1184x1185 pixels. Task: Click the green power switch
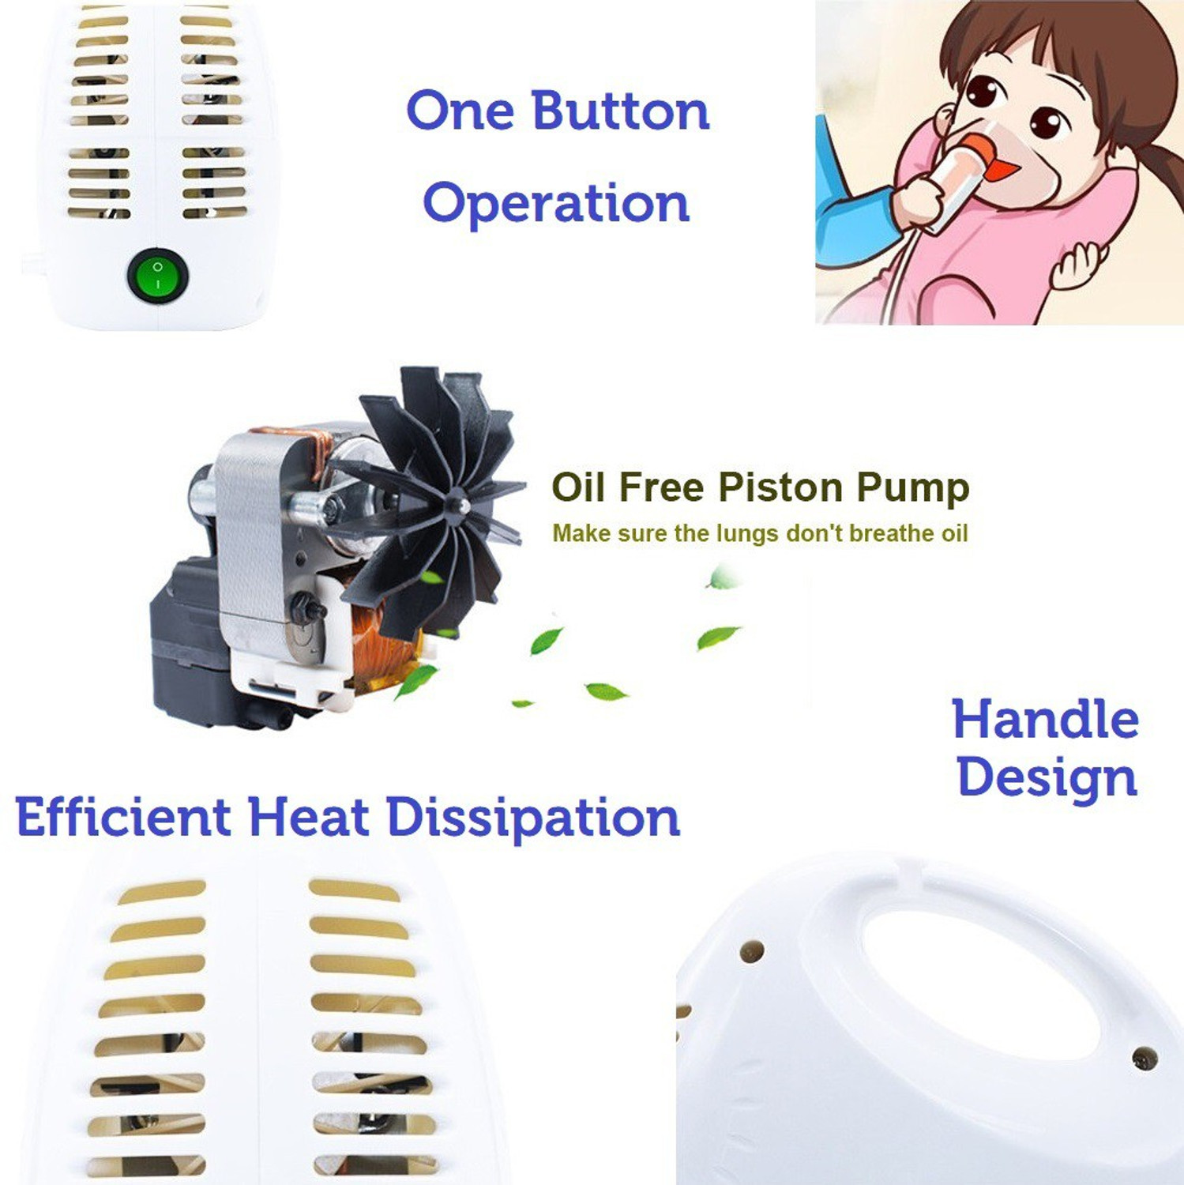tap(157, 276)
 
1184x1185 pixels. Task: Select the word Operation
tap(556, 204)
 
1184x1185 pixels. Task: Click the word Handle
tap(1045, 720)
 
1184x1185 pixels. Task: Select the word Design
tap(1047, 778)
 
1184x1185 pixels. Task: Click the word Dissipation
tap(533, 818)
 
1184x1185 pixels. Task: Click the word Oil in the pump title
tap(578, 487)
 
